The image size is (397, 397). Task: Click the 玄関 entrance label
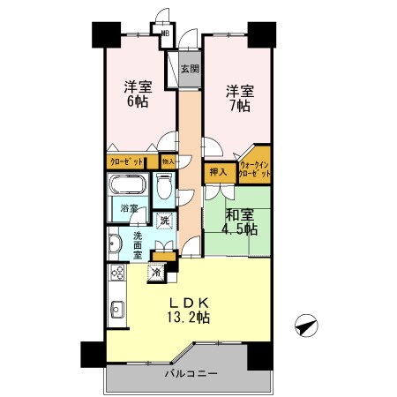tap(190, 68)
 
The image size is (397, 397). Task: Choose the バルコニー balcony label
tap(190, 376)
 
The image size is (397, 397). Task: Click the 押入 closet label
tap(218, 172)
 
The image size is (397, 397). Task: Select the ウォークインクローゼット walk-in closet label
tap(250, 168)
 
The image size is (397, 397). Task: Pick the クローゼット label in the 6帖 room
tap(126, 161)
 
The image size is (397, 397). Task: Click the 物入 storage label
tap(169, 161)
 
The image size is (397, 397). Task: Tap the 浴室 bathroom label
tap(128, 209)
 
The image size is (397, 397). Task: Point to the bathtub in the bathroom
tap(129, 187)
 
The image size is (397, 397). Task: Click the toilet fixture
tap(164, 186)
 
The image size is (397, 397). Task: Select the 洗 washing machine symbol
tap(164, 221)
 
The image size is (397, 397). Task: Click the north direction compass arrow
tap(305, 326)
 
